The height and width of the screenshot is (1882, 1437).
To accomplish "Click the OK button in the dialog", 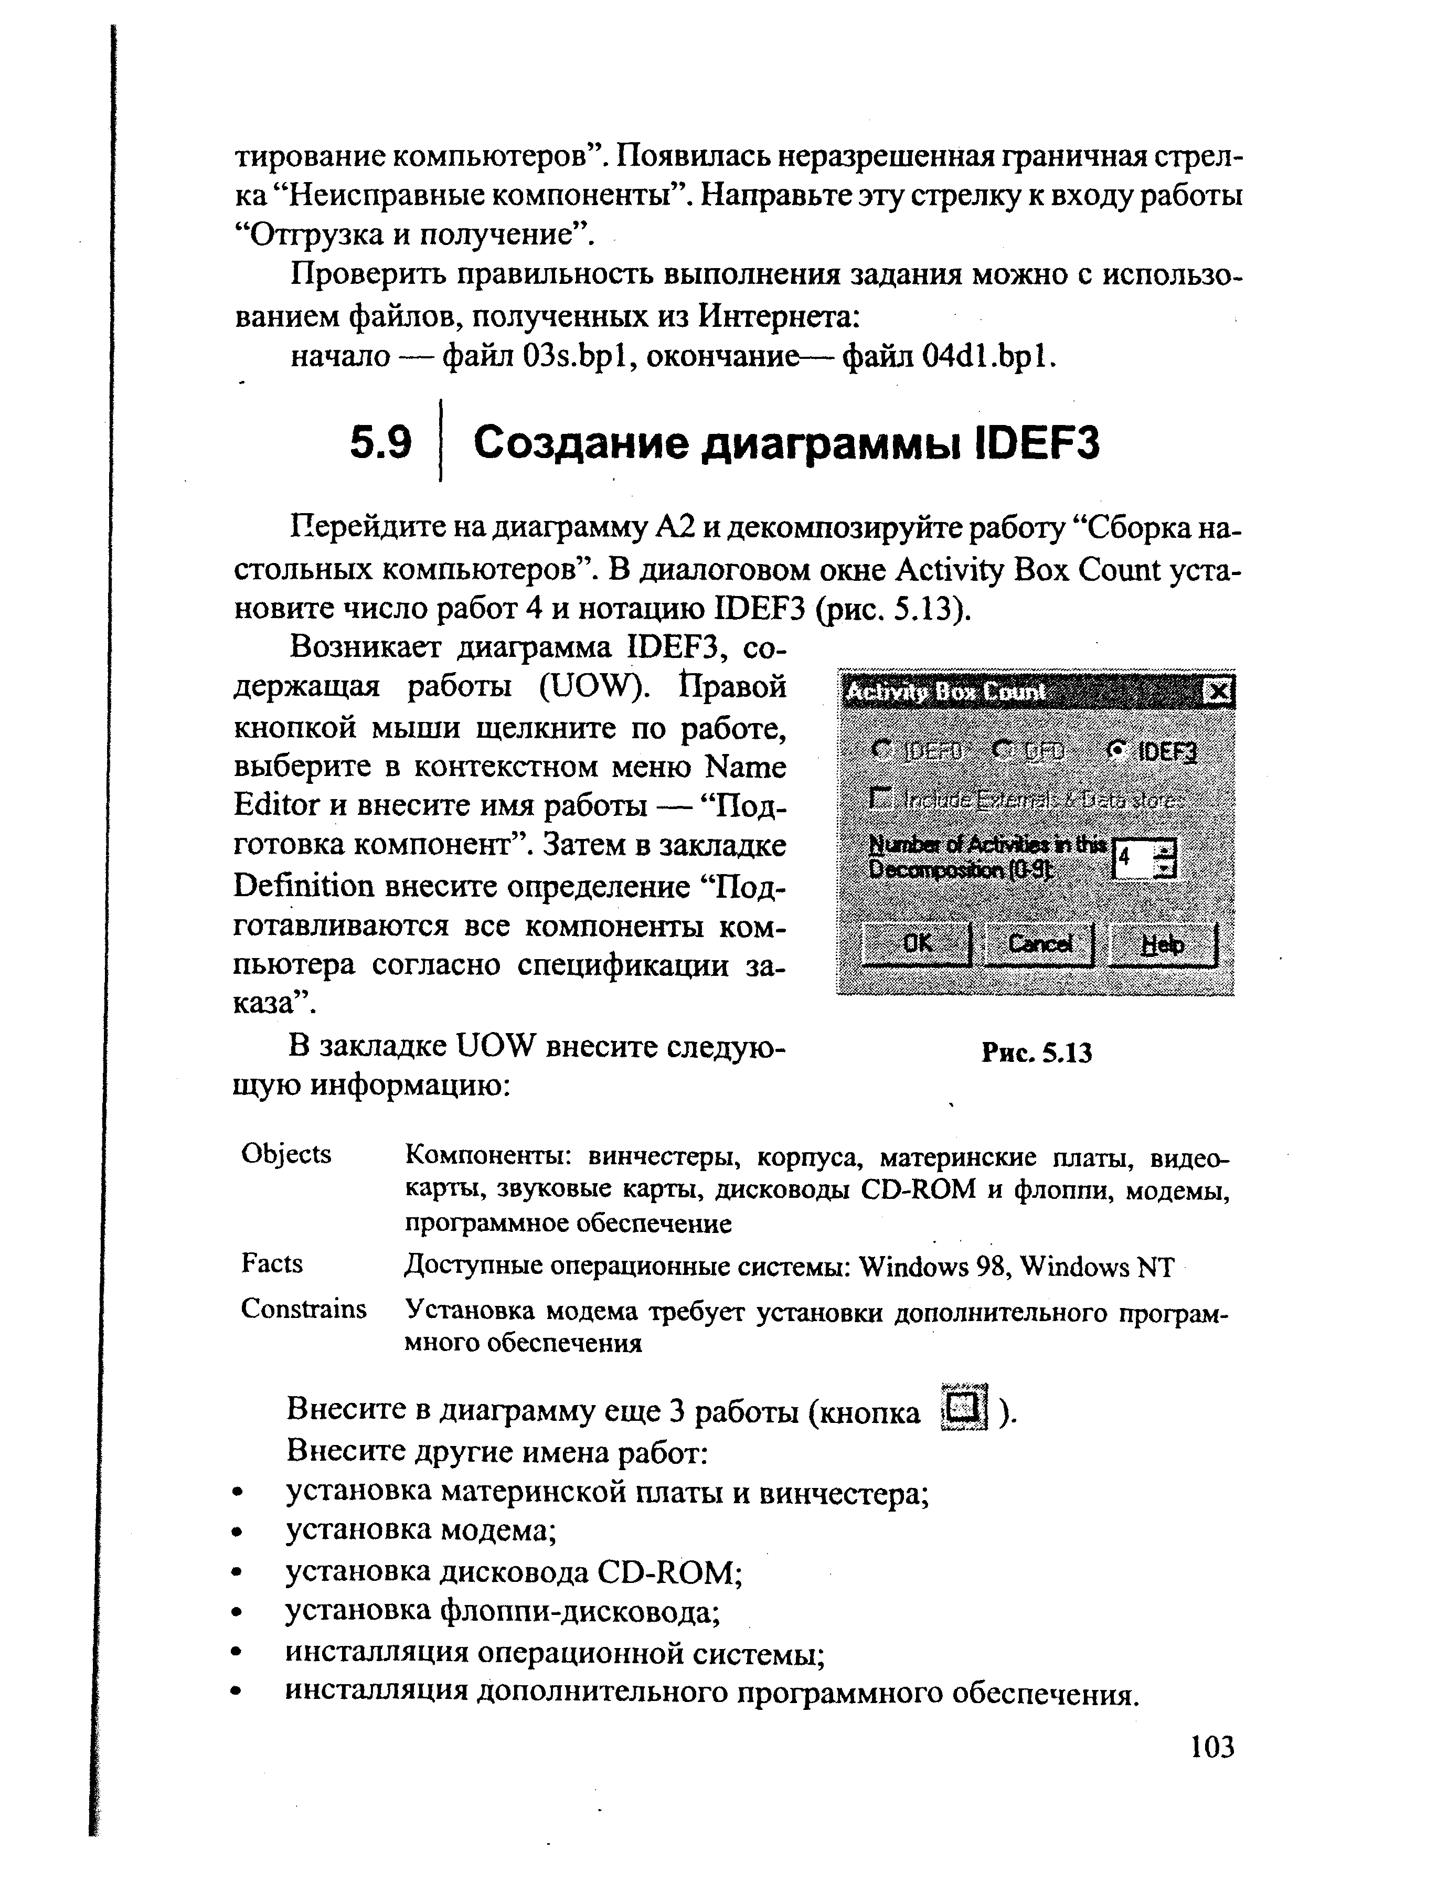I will pos(916,943).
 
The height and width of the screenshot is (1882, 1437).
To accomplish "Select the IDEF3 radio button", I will pos(1115,750).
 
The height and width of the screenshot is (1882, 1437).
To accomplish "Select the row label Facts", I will pos(272,1263).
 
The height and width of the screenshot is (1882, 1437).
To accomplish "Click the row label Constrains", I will pos(304,1308).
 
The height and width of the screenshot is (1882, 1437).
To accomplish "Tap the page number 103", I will pos(1212,1746).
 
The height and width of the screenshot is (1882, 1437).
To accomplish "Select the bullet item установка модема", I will pos(421,1529).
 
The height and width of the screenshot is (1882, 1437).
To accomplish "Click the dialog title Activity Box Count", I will pos(945,691).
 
